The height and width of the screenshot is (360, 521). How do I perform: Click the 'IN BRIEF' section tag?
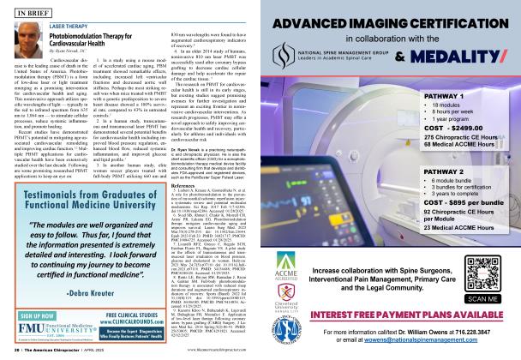pos(35,13)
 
